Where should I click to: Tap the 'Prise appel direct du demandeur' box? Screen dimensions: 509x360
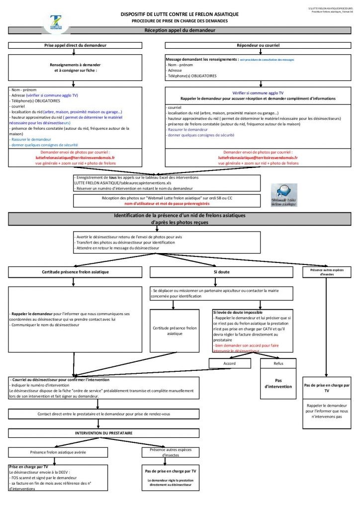(x=76, y=45)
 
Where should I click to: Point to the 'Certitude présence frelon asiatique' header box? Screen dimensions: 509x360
(x=76, y=272)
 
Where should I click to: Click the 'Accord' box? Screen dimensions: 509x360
(x=229, y=363)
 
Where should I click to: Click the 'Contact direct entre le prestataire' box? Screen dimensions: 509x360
(x=103, y=414)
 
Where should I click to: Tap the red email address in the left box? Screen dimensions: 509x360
(x=75, y=158)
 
